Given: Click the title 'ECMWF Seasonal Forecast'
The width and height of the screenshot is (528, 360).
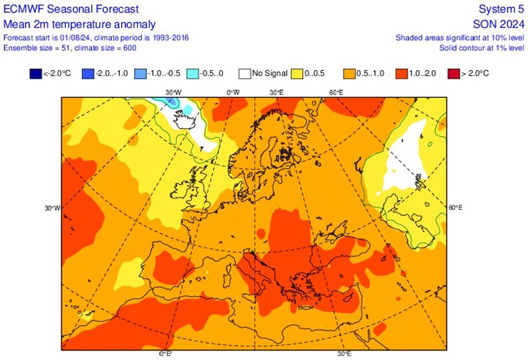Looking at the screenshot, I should pos(71,9).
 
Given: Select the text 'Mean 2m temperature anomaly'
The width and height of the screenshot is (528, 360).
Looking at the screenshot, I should pos(80,24).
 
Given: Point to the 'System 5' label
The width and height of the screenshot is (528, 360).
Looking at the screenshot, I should pos(500,9).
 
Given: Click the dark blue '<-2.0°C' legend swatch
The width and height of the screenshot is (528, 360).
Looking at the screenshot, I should pos(35,74).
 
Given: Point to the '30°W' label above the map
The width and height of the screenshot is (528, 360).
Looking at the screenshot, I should pos(173,92).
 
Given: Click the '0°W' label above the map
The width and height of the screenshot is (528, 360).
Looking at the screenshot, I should pos(233,92).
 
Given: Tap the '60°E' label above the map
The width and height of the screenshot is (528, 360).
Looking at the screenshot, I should pos(336,92).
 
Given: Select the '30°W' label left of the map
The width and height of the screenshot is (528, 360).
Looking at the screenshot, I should pos(52,208).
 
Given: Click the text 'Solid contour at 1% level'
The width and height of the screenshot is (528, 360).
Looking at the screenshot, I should pos(481,48).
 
